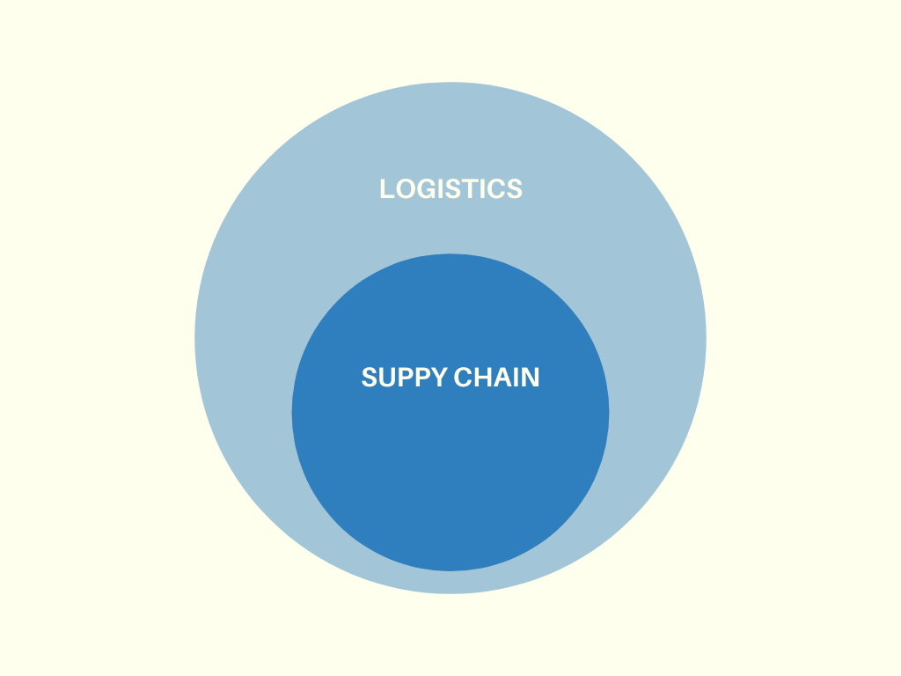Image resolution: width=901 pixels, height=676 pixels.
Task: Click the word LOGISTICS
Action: (450, 188)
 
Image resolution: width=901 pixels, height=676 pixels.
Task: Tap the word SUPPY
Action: (404, 378)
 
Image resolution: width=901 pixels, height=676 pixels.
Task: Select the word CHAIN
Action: (496, 378)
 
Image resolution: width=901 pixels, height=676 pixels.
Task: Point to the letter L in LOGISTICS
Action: (386, 188)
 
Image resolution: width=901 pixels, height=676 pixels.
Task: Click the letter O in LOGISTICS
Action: (404, 188)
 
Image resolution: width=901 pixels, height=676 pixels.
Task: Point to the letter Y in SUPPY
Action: (437, 378)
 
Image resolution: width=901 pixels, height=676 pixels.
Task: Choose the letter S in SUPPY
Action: (370, 378)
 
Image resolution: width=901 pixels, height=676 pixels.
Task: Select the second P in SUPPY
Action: (421, 378)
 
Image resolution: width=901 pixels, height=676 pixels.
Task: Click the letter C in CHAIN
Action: (463, 378)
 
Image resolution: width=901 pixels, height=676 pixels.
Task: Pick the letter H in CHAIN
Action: (481, 378)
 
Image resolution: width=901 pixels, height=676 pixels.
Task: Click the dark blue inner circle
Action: (450, 475)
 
